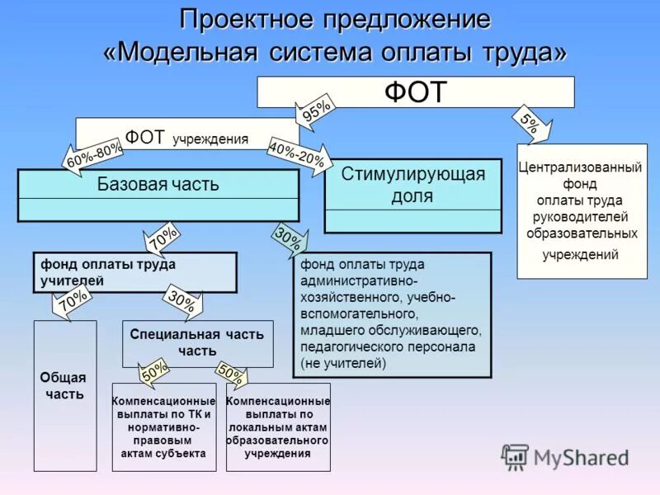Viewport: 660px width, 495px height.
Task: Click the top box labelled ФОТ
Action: pyautogui.click(x=415, y=92)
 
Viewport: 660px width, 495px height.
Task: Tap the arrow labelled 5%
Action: pyautogui.click(x=530, y=123)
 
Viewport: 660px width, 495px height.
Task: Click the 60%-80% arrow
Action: pyautogui.click(x=94, y=154)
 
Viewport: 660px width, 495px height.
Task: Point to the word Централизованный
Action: pyautogui.click(x=580, y=167)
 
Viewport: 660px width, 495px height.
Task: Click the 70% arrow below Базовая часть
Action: pyautogui.click(x=163, y=239)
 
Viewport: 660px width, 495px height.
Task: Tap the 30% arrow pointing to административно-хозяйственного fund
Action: pyautogui.click(x=289, y=240)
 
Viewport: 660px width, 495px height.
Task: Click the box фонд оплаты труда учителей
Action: pyautogui.click(x=134, y=272)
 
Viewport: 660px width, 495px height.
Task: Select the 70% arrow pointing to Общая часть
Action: pyautogui.click(x=73, y=301)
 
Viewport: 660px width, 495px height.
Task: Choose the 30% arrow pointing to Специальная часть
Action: pyautogui.click(x=182, y=303)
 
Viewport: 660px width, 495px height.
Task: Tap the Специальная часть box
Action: pyautogui.click(x=197, y=342)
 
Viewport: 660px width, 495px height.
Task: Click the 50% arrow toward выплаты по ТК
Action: pyautogui.click(x=154, y=373)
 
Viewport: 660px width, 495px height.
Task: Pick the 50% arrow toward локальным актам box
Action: pyautogui.click(x=230, y=375)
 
